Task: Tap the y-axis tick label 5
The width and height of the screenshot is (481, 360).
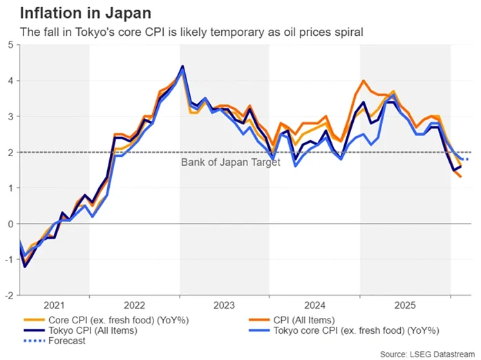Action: point(10,45)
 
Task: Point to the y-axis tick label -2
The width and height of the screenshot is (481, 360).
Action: point(8,295)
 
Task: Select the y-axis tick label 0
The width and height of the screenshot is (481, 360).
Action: point(10,224)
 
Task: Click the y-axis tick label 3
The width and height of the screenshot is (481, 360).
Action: point(10,117)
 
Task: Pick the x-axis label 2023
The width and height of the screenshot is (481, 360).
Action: point(225,305)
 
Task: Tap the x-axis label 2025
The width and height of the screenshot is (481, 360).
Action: point(405,305)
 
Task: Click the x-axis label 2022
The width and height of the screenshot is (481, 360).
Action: point(134,305)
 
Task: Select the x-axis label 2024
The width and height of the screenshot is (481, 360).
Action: point(314,305)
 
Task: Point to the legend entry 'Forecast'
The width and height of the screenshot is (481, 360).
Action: point(66,341)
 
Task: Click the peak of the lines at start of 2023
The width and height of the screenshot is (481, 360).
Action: point(182,67)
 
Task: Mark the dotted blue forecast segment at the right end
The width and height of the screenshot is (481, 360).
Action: point(466,160)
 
